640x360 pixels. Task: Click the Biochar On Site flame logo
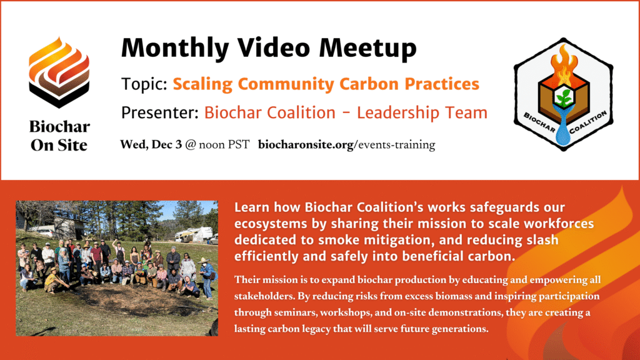59,72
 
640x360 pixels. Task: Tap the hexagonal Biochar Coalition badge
563,94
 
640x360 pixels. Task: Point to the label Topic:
144,84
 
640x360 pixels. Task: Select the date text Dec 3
166,144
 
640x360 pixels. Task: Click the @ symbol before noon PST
191,145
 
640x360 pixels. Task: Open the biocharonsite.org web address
346,145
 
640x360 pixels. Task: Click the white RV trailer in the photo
194,234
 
